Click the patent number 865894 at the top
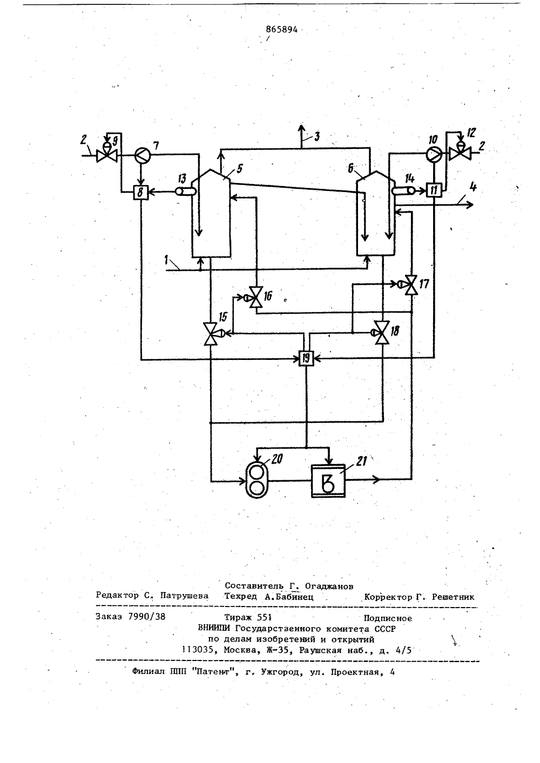[x=281, y=30]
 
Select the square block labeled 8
[x=141, y=193]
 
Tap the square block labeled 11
[x=434, y=190]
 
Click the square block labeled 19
[x=306, y=358]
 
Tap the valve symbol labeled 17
[x=410, y=284]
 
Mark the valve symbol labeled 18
[x=381, y=332]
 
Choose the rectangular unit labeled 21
[x=328, y=481]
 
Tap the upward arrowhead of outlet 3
[x=301, y=129]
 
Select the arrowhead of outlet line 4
[x=469, y=205]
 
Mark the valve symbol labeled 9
[x=107, y=154]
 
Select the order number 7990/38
[x=146, y=616]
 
